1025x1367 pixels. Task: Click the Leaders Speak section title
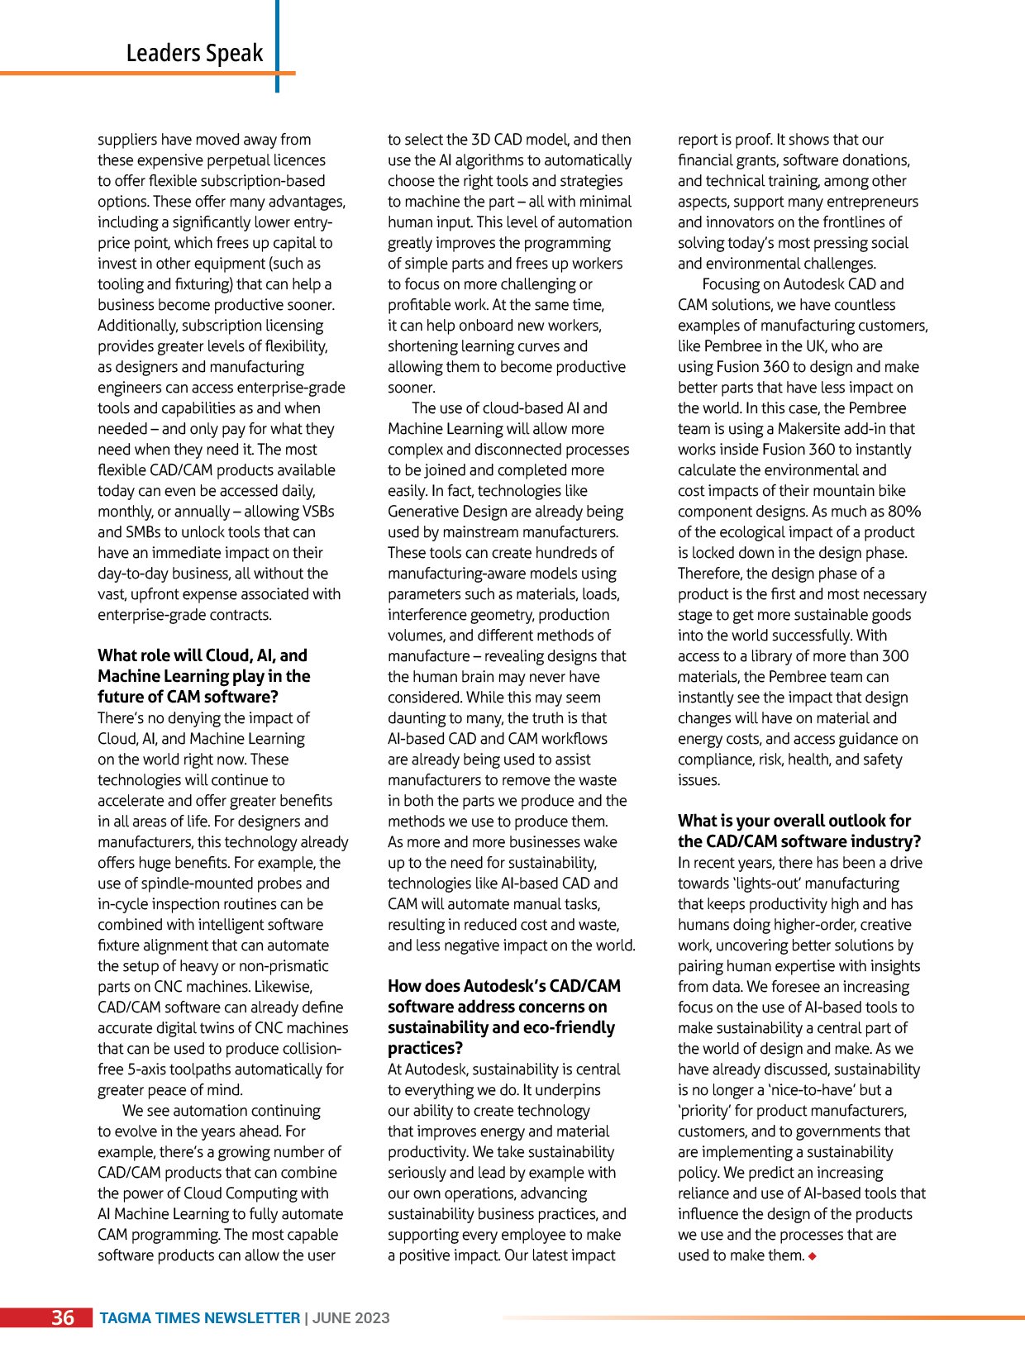[194, 53]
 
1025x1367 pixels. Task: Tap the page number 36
[63, 1317]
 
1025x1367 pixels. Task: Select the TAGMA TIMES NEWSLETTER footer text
[199, 1318]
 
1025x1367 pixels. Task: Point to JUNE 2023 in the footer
[350, 1318]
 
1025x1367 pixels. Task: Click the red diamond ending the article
[813, 1256]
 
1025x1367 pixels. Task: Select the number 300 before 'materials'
[895, 656]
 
